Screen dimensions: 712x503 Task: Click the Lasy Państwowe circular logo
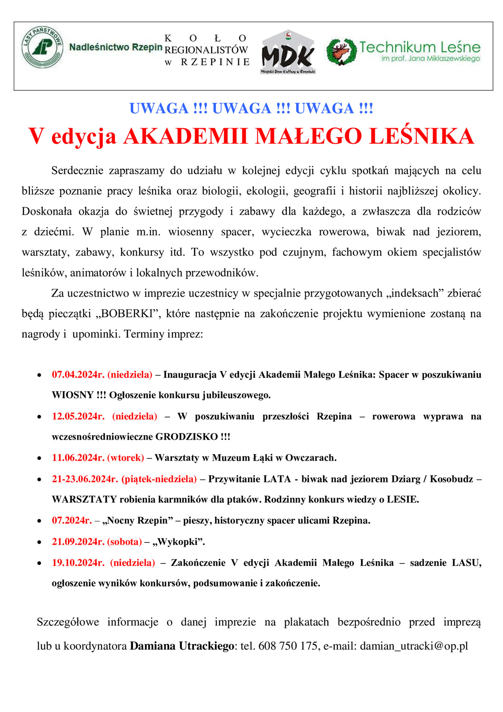click(x=43, y=47)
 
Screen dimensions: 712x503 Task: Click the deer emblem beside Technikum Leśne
click(x=341, y=52)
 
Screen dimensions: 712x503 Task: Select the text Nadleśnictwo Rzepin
click(x=116, y=47)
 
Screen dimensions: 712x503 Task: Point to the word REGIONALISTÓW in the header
click(x=207, y=50)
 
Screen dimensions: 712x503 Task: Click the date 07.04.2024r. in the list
click(x=78, y=374)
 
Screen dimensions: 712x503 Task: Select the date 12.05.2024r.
click(x=78, y=416)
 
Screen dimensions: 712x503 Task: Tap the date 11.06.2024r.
click(x=78, y=457)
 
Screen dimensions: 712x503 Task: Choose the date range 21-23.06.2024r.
click(x=85, y=479)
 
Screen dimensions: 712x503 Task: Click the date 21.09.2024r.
click(x=78, y=542)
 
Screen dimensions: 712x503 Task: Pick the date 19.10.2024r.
click(x=78, y=563)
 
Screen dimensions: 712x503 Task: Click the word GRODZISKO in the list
click(x=187, y=437)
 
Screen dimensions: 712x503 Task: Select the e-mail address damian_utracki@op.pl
click(x=414, y=646)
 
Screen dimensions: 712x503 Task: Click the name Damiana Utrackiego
click(x=181, y=646)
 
